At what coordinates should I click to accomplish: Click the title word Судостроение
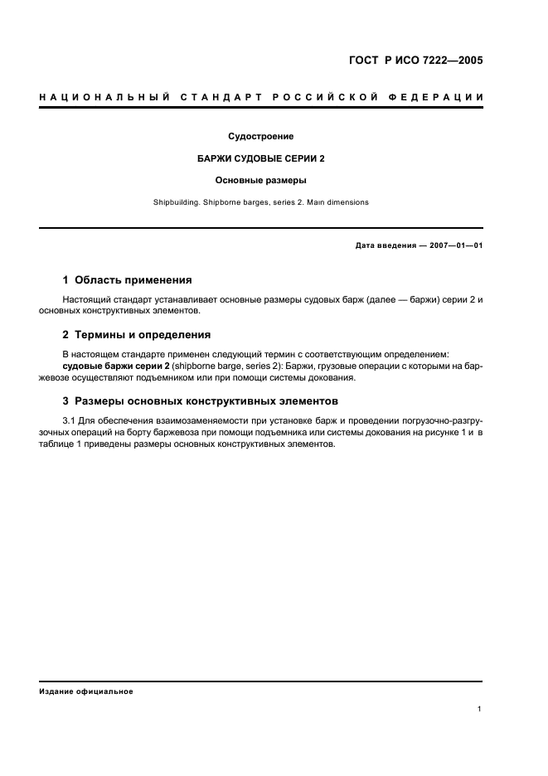(x=261, y=137)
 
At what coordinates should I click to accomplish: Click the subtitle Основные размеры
(x=261, y=180)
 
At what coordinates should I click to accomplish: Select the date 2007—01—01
(x=455, y=246)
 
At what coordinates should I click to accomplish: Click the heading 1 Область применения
(x=128, y=280)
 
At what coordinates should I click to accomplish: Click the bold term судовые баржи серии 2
(x=113, y=366)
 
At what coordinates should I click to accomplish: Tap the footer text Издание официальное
(x=86, y=691)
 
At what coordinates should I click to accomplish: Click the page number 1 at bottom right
(x=480, y=709)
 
